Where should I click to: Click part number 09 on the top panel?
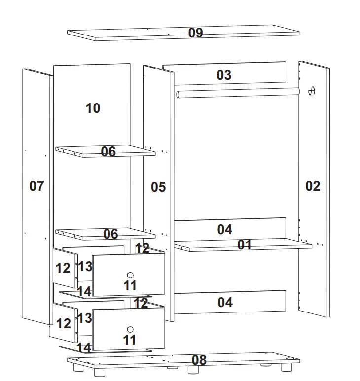[196, 33]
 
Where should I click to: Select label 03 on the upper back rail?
[224, 75]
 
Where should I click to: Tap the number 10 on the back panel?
[93, 108]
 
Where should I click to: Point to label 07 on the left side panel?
[36, 186]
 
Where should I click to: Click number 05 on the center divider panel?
[158, 187]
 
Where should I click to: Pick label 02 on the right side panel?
[313, 186]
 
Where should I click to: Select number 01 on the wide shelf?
[244, 245]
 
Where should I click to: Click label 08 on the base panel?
[199, 360]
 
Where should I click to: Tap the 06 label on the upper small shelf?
[108, 151]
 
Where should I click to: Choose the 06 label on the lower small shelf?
[110, 234]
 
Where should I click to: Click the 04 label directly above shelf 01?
[225, 229]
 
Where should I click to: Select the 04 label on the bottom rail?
[225, 302]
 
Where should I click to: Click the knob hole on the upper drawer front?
[130, 275]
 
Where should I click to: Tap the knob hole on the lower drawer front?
[130, 329]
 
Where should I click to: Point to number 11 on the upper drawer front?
[130, 285]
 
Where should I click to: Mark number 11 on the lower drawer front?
[130, 340]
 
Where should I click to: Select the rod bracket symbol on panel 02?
[311, 91]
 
